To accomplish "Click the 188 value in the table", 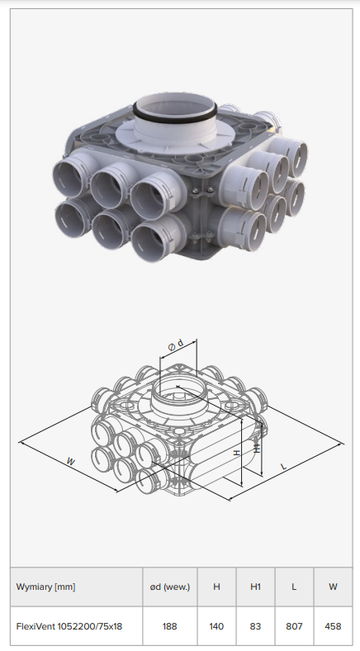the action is click(169, 625).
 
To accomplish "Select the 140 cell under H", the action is click(216, 625).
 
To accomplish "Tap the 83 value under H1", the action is click(255, 625).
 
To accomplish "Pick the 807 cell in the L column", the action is click(294, 625).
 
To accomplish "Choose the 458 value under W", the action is click(333, 625).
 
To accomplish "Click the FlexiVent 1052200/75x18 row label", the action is click(69, 625).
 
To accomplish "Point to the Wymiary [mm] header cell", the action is click(46, 587).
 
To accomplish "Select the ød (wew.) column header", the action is click(169, 587).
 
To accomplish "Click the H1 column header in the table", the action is click(255, 587).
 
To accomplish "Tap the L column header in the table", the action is click(294, 587).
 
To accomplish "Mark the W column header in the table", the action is click(333, 587).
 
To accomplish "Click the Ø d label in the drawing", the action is click(175, 345).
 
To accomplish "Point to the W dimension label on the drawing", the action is click(71, 461).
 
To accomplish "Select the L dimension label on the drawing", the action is click(284, 466).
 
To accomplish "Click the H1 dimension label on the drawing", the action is click(257, 448).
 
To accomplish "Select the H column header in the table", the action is click(216, 587).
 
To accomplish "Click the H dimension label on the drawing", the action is click(237, 453).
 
